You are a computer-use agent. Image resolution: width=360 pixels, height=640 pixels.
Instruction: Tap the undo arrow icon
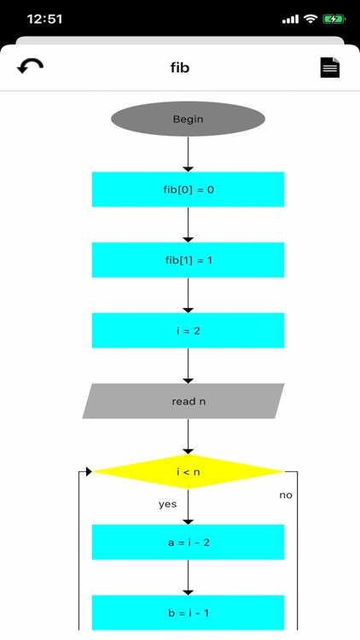(30, 67)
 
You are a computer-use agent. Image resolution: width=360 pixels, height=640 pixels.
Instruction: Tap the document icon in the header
(330, 67)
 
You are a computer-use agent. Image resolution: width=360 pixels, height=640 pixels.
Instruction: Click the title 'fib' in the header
(180, 67)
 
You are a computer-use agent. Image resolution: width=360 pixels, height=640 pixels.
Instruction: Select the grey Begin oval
(188, 119)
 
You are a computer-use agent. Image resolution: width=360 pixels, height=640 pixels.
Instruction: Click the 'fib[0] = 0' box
(188, 189)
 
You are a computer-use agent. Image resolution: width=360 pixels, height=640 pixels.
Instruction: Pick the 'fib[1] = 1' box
(188, 259)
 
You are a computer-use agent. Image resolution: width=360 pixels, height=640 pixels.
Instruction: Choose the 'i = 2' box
(188, 330)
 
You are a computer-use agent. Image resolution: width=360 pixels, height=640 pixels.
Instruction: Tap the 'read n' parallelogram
(183, 401)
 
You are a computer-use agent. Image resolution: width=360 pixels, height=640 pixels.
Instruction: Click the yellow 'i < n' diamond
(188, 471)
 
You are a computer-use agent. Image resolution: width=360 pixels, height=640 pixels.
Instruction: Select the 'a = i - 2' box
(188, 542)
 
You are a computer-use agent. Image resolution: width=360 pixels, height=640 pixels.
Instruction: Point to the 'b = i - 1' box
(188, 613)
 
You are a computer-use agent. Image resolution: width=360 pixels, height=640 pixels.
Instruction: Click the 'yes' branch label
(167, 504)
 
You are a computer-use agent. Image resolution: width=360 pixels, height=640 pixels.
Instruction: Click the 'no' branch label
(286, 495)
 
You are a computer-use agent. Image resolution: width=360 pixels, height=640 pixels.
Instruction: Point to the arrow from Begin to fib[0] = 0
(188, 154)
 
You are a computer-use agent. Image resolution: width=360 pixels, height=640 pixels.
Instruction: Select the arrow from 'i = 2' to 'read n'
(188, 365)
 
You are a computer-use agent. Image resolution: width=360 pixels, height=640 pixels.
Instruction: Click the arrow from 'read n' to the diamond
(188, 436)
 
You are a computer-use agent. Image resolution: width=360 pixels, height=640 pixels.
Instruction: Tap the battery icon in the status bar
(334, 19)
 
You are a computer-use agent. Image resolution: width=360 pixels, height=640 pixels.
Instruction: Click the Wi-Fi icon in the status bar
(311, 19)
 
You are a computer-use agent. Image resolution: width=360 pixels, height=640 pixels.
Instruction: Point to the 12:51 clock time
(44, 19)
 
